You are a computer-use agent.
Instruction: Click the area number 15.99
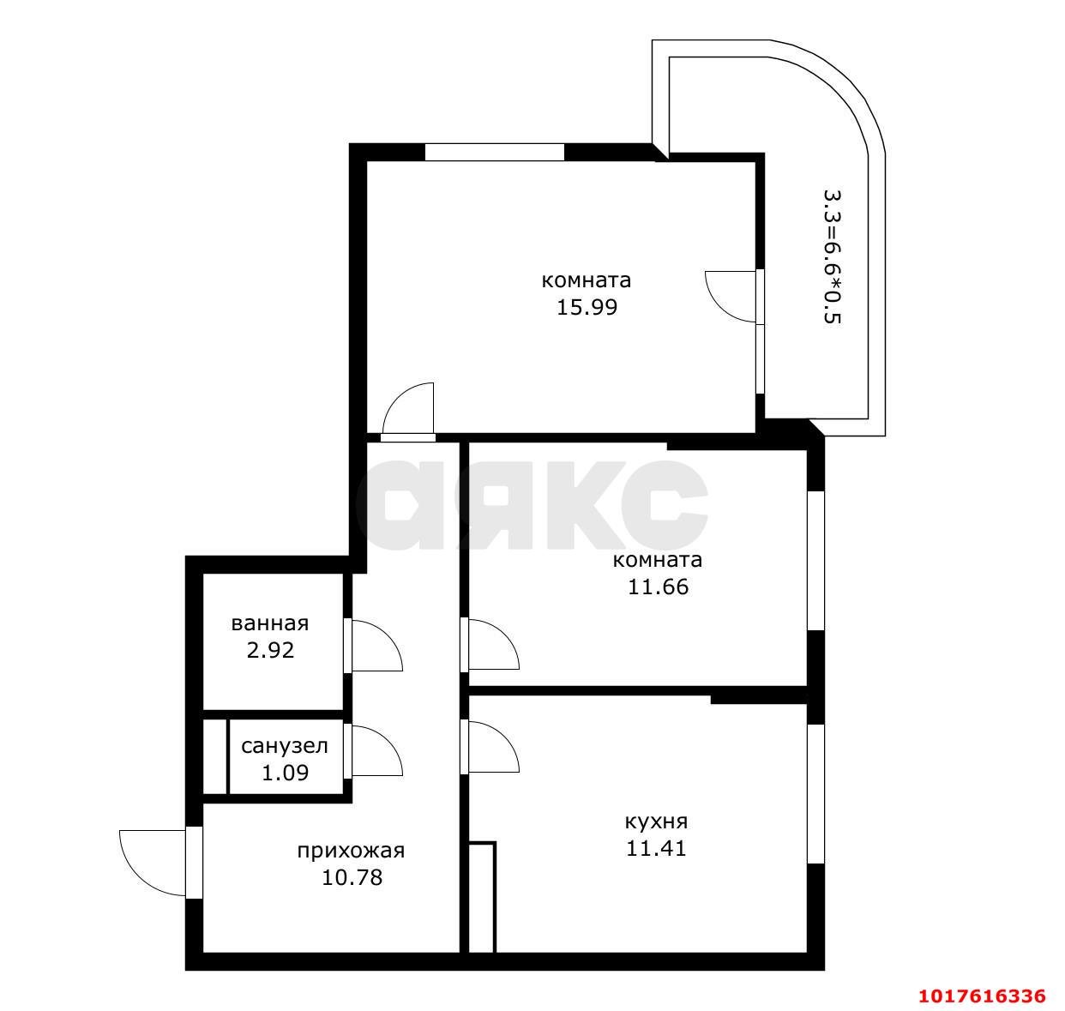(x=587, y=308)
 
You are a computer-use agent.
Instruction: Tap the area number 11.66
(x=658, y=587)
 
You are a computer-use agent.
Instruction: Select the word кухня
(x=656, y=821)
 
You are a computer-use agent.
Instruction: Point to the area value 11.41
(x=656, y=848)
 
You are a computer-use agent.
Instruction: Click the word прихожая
(x=351, y=852)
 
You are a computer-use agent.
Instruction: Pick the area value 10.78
(x=352, y=878)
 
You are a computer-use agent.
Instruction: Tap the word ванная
(x=270, y=623)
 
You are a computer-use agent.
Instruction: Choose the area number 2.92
(x=270, y=650)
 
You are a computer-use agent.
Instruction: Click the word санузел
(x=285, y=746)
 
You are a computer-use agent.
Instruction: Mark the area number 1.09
(x=285, y=773)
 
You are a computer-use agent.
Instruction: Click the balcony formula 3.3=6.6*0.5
(x=832, y=256)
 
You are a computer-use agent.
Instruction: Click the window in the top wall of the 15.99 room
(x=495, y=153)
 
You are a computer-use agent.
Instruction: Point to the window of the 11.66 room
(x=815, y=561)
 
